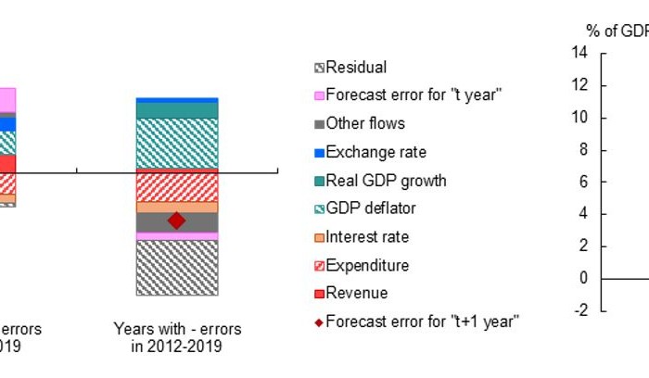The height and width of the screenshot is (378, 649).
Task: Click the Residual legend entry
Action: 356,67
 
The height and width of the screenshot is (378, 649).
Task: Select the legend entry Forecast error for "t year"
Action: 414,94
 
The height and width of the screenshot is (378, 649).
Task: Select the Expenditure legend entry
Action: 367,265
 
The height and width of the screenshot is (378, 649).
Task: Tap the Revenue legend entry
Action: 357,293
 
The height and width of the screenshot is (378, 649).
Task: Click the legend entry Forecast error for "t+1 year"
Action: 422,321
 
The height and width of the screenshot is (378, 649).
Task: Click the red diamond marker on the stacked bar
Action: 176,220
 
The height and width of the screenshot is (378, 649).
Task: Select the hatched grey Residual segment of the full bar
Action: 176,268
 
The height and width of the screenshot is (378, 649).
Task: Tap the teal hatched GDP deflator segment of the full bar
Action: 176,143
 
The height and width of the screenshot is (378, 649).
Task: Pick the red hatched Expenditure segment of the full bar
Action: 176,187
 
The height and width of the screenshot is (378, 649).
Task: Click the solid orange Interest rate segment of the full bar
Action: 176,208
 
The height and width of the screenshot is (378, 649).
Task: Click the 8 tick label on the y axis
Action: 583,150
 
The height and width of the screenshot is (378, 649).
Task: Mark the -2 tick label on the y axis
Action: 580,310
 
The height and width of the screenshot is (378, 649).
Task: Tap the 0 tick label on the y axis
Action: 583,279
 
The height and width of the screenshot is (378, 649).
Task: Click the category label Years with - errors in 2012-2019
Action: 177,337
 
